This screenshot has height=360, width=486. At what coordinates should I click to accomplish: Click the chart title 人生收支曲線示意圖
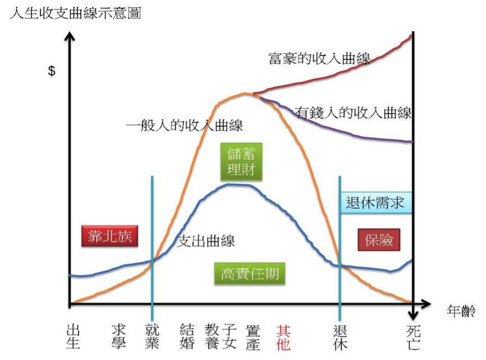75,12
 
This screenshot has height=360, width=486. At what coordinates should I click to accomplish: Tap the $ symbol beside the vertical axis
52,71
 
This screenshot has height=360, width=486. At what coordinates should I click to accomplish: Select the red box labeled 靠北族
109,236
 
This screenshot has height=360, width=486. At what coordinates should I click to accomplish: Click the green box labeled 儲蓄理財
242,161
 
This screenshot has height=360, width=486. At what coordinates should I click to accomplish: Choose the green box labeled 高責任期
250,274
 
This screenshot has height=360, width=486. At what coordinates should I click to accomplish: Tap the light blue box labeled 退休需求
375,202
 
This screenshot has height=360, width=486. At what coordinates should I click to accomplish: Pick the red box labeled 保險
379,241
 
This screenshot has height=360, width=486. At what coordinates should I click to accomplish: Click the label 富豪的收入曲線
319,59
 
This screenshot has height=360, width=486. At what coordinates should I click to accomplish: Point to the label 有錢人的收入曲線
354,113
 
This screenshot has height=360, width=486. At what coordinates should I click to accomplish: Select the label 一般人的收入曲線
185,126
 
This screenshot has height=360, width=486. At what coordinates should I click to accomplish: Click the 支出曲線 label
206,241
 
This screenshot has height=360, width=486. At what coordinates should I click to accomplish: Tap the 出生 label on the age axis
74,336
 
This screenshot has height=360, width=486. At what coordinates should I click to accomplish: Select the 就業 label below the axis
152,336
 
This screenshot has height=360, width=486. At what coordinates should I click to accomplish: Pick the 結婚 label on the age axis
187,336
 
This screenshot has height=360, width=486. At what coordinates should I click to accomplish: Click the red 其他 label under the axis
284,336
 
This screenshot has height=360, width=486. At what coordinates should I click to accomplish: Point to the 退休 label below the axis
340,336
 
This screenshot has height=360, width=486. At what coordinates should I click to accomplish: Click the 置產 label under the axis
253,336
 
